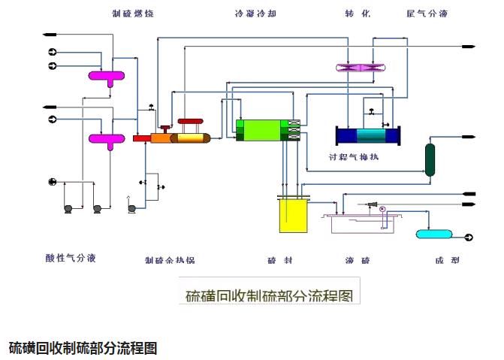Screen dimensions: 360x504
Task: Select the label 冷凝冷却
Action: [x=255, y=14]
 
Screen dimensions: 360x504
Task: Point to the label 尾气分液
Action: [x=427, y=14]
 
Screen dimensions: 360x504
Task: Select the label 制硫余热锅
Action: [x=170, y=260]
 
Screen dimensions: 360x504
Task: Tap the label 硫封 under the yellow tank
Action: [x=279, y=260]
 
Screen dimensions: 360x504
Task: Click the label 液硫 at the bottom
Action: [x=357, y=260]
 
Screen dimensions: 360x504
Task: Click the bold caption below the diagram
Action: [x=83, y=348]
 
